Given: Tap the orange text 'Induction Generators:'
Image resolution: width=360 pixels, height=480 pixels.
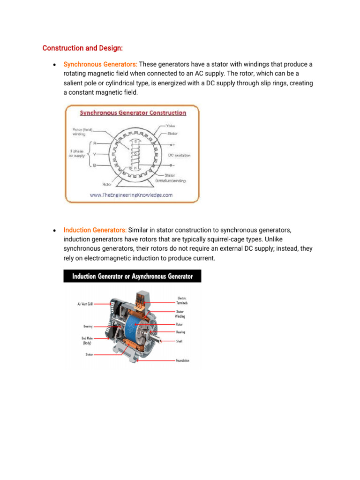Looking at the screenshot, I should pos(95,231).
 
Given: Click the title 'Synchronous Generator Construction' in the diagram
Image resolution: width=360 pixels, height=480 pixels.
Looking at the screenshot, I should pos(133,113).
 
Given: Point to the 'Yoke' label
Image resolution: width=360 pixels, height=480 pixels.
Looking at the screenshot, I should pos(171,126).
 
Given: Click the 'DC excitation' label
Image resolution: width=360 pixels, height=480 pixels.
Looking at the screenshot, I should pos(179,155).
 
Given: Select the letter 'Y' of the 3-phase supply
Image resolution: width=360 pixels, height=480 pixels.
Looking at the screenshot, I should pos(95,154).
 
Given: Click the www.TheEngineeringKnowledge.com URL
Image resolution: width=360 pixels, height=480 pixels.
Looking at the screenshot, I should pos(131,195).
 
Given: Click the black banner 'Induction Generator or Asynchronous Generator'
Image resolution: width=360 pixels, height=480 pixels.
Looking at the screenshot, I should pos(132,276).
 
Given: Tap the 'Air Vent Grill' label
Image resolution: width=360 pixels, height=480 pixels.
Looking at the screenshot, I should pos(85,304).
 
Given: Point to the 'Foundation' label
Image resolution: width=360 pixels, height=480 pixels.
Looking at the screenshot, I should pos(183,360).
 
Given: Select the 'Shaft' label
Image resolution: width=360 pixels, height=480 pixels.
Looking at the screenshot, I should pos(179,341).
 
